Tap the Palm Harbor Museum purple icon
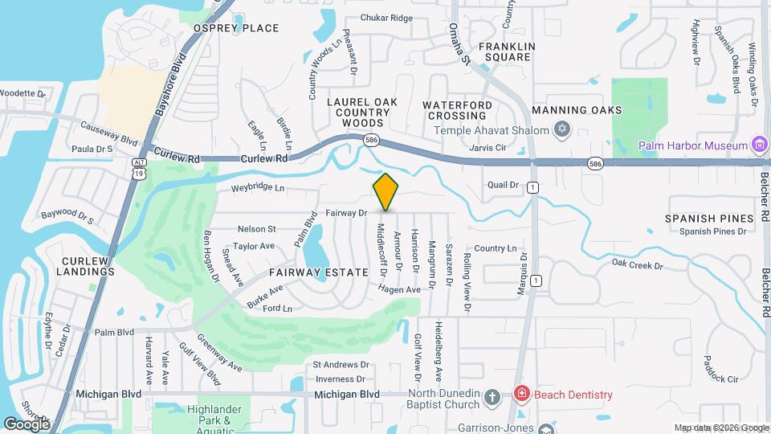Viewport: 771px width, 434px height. coord(759,145)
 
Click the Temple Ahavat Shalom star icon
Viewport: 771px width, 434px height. coord(562,130)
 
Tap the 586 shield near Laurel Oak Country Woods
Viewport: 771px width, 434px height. coord(370,141)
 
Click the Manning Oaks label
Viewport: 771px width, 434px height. coord(588,109)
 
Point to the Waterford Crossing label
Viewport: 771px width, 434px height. coord(458,111)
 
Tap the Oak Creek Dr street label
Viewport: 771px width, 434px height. coord(637,264)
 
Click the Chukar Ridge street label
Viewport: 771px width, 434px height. coord(386,18)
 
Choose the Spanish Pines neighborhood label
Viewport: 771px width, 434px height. coord(709,218)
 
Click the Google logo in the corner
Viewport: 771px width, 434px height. coord(27,424)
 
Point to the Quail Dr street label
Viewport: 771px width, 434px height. coord(504,185)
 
